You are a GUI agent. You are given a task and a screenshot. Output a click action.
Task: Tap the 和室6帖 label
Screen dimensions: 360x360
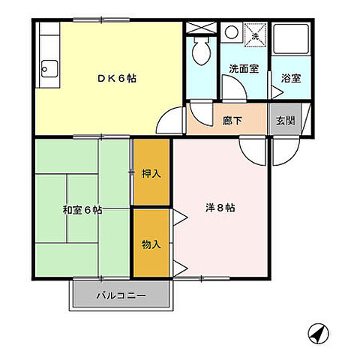point(83,211)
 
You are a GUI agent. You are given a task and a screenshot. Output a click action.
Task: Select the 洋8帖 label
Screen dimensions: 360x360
point(220,208)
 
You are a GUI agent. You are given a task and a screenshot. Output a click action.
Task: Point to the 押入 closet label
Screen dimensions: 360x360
point(151,173)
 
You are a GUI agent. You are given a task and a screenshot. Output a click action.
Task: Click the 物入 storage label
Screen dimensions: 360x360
point(151,243)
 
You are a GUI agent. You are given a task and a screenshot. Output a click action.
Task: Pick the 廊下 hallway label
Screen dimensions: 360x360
point(232,120)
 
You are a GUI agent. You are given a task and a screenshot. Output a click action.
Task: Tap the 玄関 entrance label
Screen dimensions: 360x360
point(285,120)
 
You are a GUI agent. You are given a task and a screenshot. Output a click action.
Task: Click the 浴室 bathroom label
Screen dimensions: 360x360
point(291,77)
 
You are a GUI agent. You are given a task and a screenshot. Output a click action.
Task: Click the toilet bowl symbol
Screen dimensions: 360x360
point(201,51)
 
